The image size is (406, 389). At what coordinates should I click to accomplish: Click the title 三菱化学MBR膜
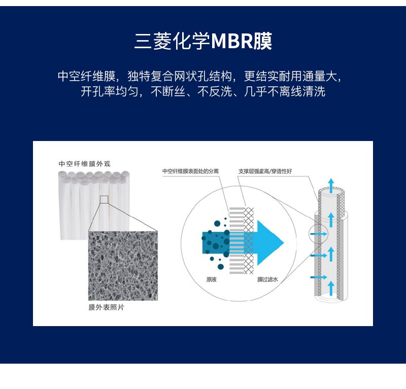pyautogui.click(x=204, y=41)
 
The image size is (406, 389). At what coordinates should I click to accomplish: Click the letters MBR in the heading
pyautogui.click(x=232, y=42)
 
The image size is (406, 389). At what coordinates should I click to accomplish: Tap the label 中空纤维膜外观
pyautogui.click(x=85, y=164)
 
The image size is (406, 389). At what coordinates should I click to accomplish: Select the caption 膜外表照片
pyautogui.click(x=107, y=307)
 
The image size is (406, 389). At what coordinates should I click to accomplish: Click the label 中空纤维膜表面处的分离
pyautogui.click(x=191, y=171)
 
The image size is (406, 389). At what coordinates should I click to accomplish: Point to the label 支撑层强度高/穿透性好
pyautogui.click(x=265, y=171)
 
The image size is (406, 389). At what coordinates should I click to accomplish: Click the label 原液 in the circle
pyautogui.click(x=211, y=279)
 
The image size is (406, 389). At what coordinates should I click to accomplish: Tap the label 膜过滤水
pyautogui.click(x=267, y=279)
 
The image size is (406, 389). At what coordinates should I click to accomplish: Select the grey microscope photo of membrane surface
pyautogui.click(x=123, y=266)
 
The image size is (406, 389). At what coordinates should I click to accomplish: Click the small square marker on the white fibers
pyautogui.click(x=104, y=199)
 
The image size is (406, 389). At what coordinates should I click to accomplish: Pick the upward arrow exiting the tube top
pyautogui.click(x=331, y=185)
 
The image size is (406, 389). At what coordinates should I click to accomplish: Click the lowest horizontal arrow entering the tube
pyautogui.click(x=319, y=277)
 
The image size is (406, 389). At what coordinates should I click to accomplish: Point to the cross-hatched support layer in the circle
pyautogui.click(x=249, y=240)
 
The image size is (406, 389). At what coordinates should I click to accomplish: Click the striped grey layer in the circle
pyautogui.click(x=236, y=240)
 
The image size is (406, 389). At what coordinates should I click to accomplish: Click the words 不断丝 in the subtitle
pyautogui.click(x=168, y=91)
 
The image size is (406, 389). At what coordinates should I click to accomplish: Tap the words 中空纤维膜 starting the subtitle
pyautogui.click(x=86, y=76)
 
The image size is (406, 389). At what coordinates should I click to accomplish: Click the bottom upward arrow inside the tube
pyautogui.click(x=331, y=288)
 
